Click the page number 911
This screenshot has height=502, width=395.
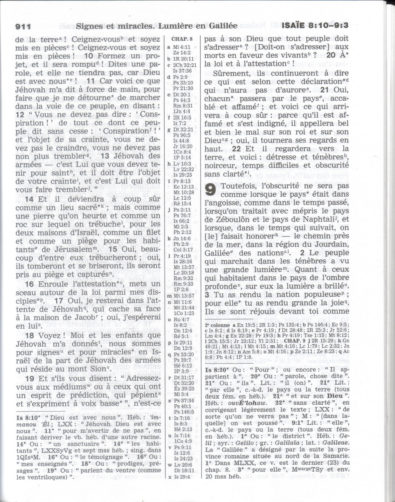click(x=23, y=27)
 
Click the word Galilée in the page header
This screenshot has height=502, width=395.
click(x=223, y=26)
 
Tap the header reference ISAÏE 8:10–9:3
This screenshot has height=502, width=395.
click(x=315, y=26)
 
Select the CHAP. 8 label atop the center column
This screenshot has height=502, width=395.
click(x=182, y=39)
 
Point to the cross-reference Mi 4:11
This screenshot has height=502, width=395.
click(x=181, y=47)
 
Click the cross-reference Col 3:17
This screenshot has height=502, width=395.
click(x=183, y=250)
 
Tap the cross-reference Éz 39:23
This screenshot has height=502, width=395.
click(x=184, y=389)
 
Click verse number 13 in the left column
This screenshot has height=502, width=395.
click(x=105, y=156)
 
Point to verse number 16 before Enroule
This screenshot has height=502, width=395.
click(x=29, y=284)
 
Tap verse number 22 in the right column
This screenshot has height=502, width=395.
click(x=236, y=149)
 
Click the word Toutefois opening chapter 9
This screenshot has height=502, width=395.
click(x=239, y=186)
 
